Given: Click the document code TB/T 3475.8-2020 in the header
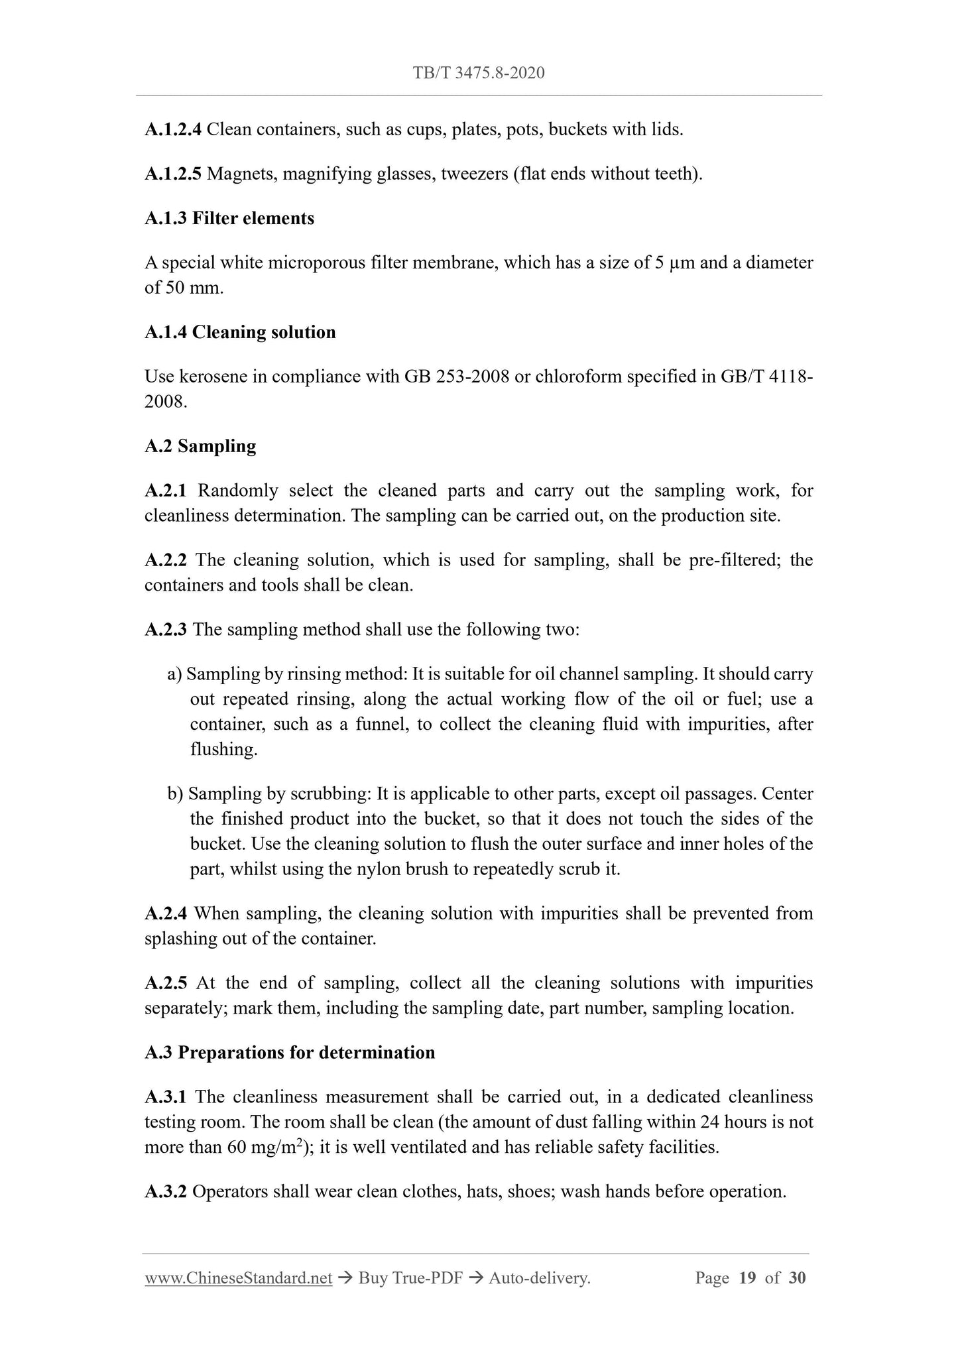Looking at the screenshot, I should (x=479, y=73).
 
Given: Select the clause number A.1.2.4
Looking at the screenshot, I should (x=172, y=129).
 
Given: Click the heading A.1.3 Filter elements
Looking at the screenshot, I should (x=229, y=218).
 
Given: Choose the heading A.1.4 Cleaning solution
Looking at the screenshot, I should (x=240, y=332).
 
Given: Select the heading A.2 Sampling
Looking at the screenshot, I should (x=200, y=446).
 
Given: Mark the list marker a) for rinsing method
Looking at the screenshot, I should (x=174, y=674).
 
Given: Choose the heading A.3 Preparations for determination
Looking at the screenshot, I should (x=290, y=1053).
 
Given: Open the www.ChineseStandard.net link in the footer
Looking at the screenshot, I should (x=238, y=1278).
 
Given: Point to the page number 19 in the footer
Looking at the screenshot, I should (x=747, y=1278).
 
